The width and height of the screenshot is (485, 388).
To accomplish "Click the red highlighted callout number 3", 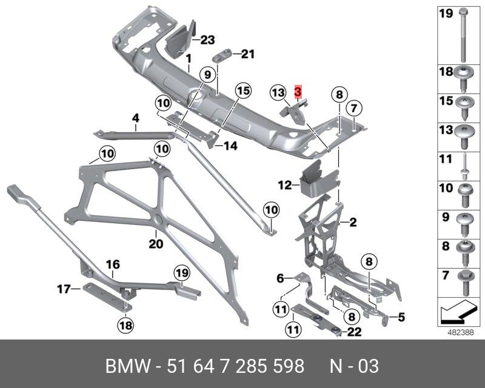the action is (x=297, y=92).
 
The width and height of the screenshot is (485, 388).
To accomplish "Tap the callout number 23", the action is (x=207, y=40).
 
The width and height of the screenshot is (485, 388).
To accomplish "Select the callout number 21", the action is (x=247, y=54).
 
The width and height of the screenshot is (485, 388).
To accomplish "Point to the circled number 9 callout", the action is (x=207, y=76).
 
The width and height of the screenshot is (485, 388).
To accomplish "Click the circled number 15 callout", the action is (x=242, y=92).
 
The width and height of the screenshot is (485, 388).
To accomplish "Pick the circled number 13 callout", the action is (x=278, y=92).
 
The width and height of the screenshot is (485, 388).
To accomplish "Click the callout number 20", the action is (x=156, y=244).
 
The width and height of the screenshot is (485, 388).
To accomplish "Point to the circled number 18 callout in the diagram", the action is (x=124, y=326).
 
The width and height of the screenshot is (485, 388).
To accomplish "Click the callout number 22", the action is (x=355, y=331).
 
